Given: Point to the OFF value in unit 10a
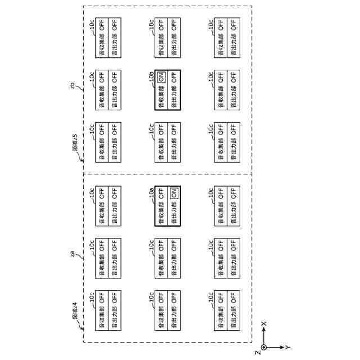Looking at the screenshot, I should [161, 193].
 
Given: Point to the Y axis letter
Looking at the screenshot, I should [287, 347].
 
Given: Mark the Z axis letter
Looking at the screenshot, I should [257, 352].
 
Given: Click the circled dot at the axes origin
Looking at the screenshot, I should [263, 347].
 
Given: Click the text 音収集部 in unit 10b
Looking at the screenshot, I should [161, 97].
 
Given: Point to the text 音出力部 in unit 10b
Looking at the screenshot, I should [174, 97].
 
